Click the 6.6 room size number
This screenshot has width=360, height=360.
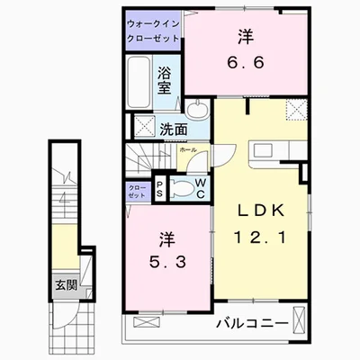pyautogui.click(x=246, y=62)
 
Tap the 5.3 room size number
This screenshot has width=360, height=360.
pyautogui.click(x=167, y=263)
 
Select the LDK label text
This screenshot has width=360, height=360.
pyautogui.click(x=260, y=211)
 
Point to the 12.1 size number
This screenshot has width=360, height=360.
pyautogui.click(x=260, y=238)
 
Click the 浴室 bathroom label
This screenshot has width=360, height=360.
pyautogui.click(x=164, y=80)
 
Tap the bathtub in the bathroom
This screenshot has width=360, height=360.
pyautogui.click(x=139, y=82)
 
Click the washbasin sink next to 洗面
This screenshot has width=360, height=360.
pyautogui.click(x=196, y=109)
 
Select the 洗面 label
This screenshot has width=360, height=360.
pyautogui.click(x=173, y=129)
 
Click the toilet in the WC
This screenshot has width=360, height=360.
pyautogui.click(x=181, y=188)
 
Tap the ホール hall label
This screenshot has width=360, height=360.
pyautogui.click(x=188, y=150)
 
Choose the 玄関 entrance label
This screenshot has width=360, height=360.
pyautogui.click(x=66, y=285)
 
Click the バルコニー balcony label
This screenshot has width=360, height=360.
pyautogui.click(x=253, y=323)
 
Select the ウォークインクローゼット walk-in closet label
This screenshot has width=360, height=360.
pyautogui.click(x=153, y=31)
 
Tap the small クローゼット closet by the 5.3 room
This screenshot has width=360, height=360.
pyautogui.click(x=138, y=192)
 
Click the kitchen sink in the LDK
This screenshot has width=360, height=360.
pyautogui.click(x=263, y=149)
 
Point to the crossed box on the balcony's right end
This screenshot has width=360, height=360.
pyautogui.click(x=299, y=319)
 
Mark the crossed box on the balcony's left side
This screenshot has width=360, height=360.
pyautogui.click(x=147, y=322)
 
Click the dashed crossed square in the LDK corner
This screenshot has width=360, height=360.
pyautogui.click(x=296, y=110)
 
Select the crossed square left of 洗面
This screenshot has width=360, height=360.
pyautogui.click(x=144, y=126)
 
